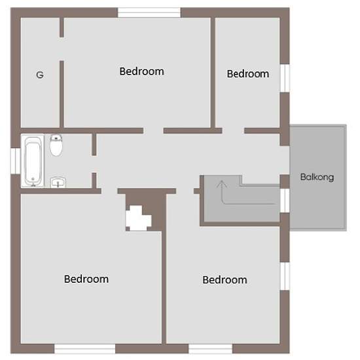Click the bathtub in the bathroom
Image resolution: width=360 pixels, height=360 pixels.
click(x=33, y=161)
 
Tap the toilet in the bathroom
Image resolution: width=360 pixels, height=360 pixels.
click(x=56, y=145)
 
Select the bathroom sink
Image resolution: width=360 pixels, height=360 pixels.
click(x=58, y=183)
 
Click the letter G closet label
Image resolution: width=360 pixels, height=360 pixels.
click(x=40, y=75)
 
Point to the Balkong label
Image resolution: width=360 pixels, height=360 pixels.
click(x=317, y=177)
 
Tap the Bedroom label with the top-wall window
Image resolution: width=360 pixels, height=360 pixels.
click(x=141, y=71)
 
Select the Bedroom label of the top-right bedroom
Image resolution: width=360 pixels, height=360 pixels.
click(x=248, y=74)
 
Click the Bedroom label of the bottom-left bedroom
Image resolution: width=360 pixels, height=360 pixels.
click(x=86, y=279)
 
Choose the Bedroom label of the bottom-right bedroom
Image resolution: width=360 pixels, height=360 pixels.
click(x=225, y=280)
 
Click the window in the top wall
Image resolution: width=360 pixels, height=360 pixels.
click(x=149, y=12)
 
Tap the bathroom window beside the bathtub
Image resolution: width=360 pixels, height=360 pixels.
click(x=16, y=161)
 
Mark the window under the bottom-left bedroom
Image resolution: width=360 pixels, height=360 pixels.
click(x=84, y=348)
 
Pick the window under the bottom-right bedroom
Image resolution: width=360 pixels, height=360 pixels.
click(x=210, y=348)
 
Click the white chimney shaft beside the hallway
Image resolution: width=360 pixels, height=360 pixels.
click(x=138, y=219)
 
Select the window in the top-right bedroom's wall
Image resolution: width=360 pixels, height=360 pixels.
click(x=285, y=79)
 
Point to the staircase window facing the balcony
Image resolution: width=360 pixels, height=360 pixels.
click(x=285, y=200)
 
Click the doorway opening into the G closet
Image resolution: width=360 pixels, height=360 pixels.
click(x=62, y=49)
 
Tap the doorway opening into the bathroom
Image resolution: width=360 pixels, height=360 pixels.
click(x=94, y=164)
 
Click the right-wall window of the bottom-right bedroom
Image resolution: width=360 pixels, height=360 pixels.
click(x=285, y=276)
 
